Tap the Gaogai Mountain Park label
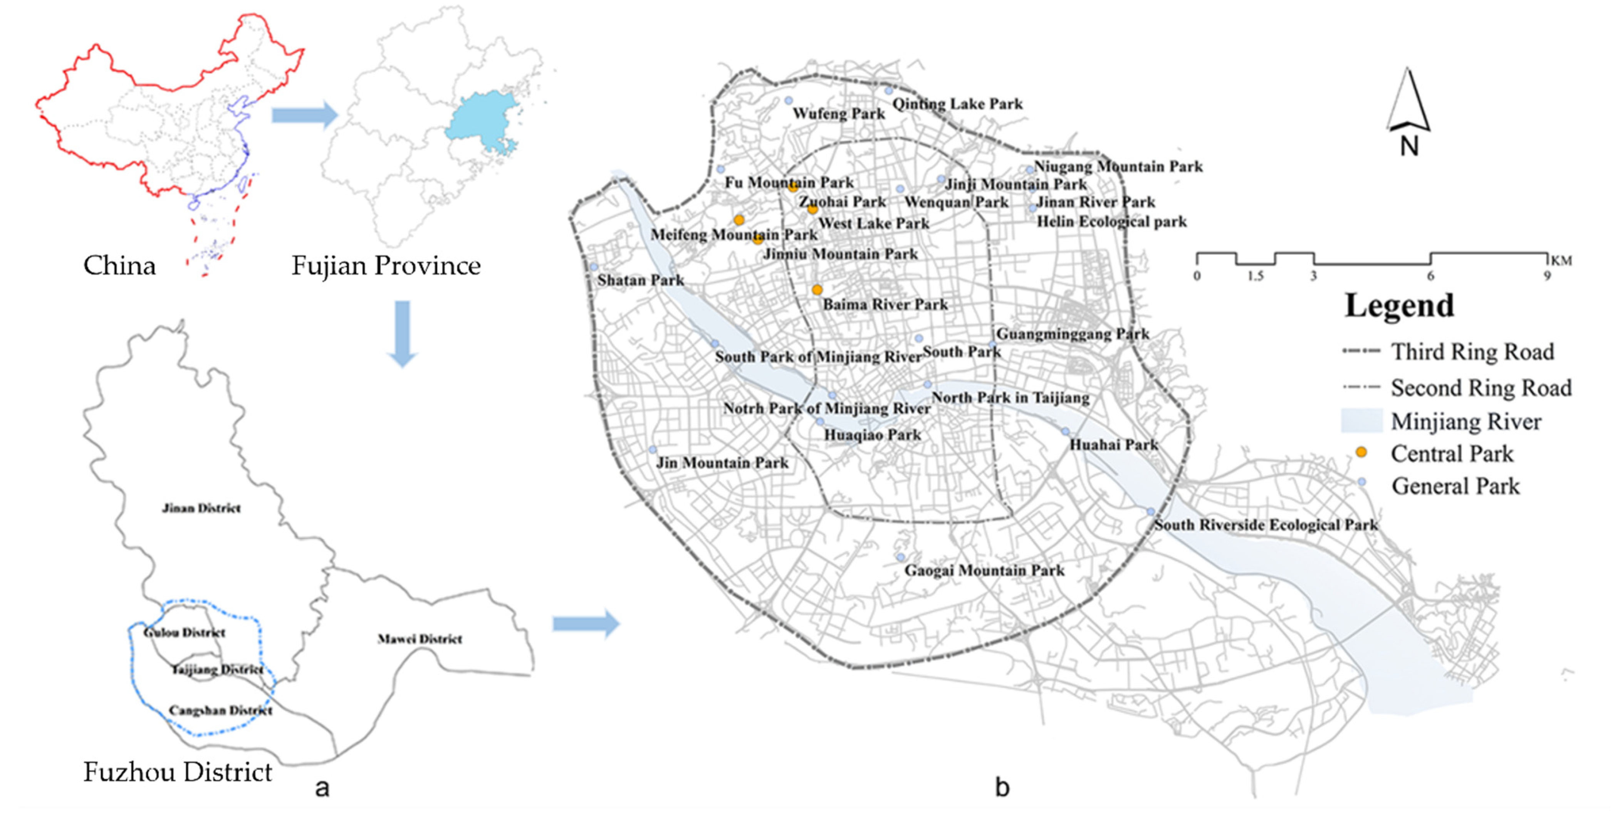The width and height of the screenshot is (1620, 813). pyautogui.click(x=984, y=570)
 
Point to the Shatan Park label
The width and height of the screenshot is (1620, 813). pyautogui.click(x=640, y=281)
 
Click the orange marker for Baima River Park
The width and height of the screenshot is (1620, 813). pyautogui.click(x=816, y=290)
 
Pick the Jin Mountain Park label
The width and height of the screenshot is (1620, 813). pyautogui.click(x=722, y=463)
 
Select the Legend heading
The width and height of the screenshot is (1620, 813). pyautogui.click(x=1399, y=306)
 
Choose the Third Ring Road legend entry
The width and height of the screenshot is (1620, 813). pyautogui.click(x=1472, y=351)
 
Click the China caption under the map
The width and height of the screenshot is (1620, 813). pyautogui.click(x=119, y=265)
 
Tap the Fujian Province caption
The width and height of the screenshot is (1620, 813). pyautogui.click(x=386, y=265)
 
